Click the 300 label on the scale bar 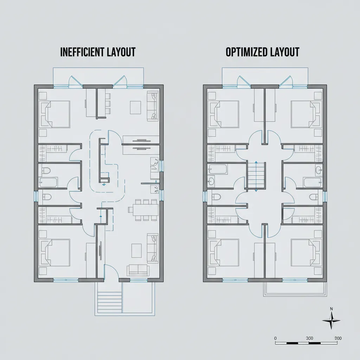click(309, 338)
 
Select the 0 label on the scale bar click(276, 338)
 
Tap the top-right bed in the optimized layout click(304, 114)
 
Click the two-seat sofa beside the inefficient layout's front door click(138, 270)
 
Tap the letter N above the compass click(331, 309)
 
